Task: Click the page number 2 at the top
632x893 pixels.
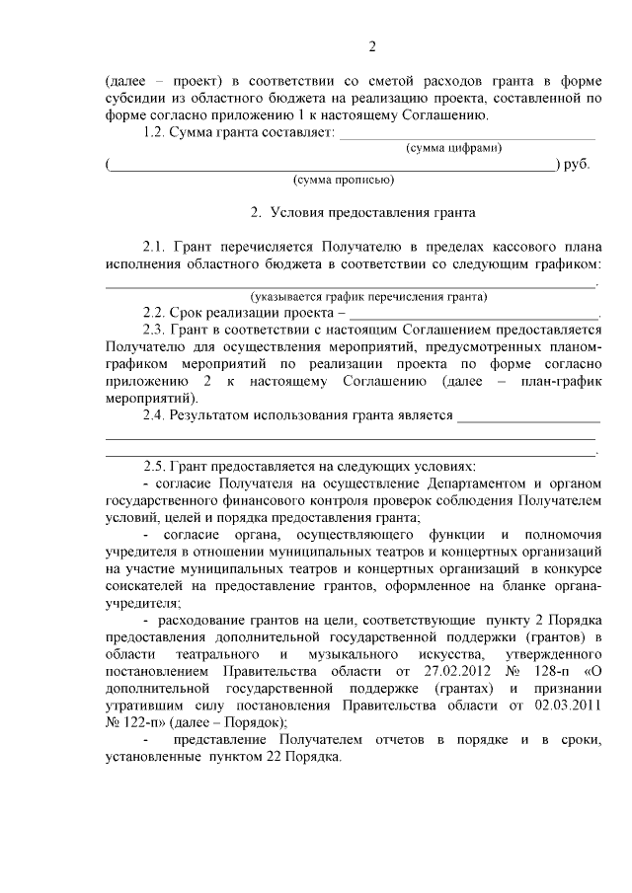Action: (x=372, y=47)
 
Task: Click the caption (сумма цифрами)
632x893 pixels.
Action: (x=453, y=148)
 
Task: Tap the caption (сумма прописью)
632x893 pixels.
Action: (x=344, y=180)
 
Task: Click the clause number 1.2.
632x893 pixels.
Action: (x=156, y=132)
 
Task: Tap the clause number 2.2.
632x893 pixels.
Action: (x=156, y=311)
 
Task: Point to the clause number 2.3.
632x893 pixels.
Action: (x=156, y=328)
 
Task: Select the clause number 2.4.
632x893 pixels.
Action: (x=156, y=415)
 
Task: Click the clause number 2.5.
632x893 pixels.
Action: (x=156, y=466)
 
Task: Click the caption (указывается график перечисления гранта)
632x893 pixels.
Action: (x=368, y=295)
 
